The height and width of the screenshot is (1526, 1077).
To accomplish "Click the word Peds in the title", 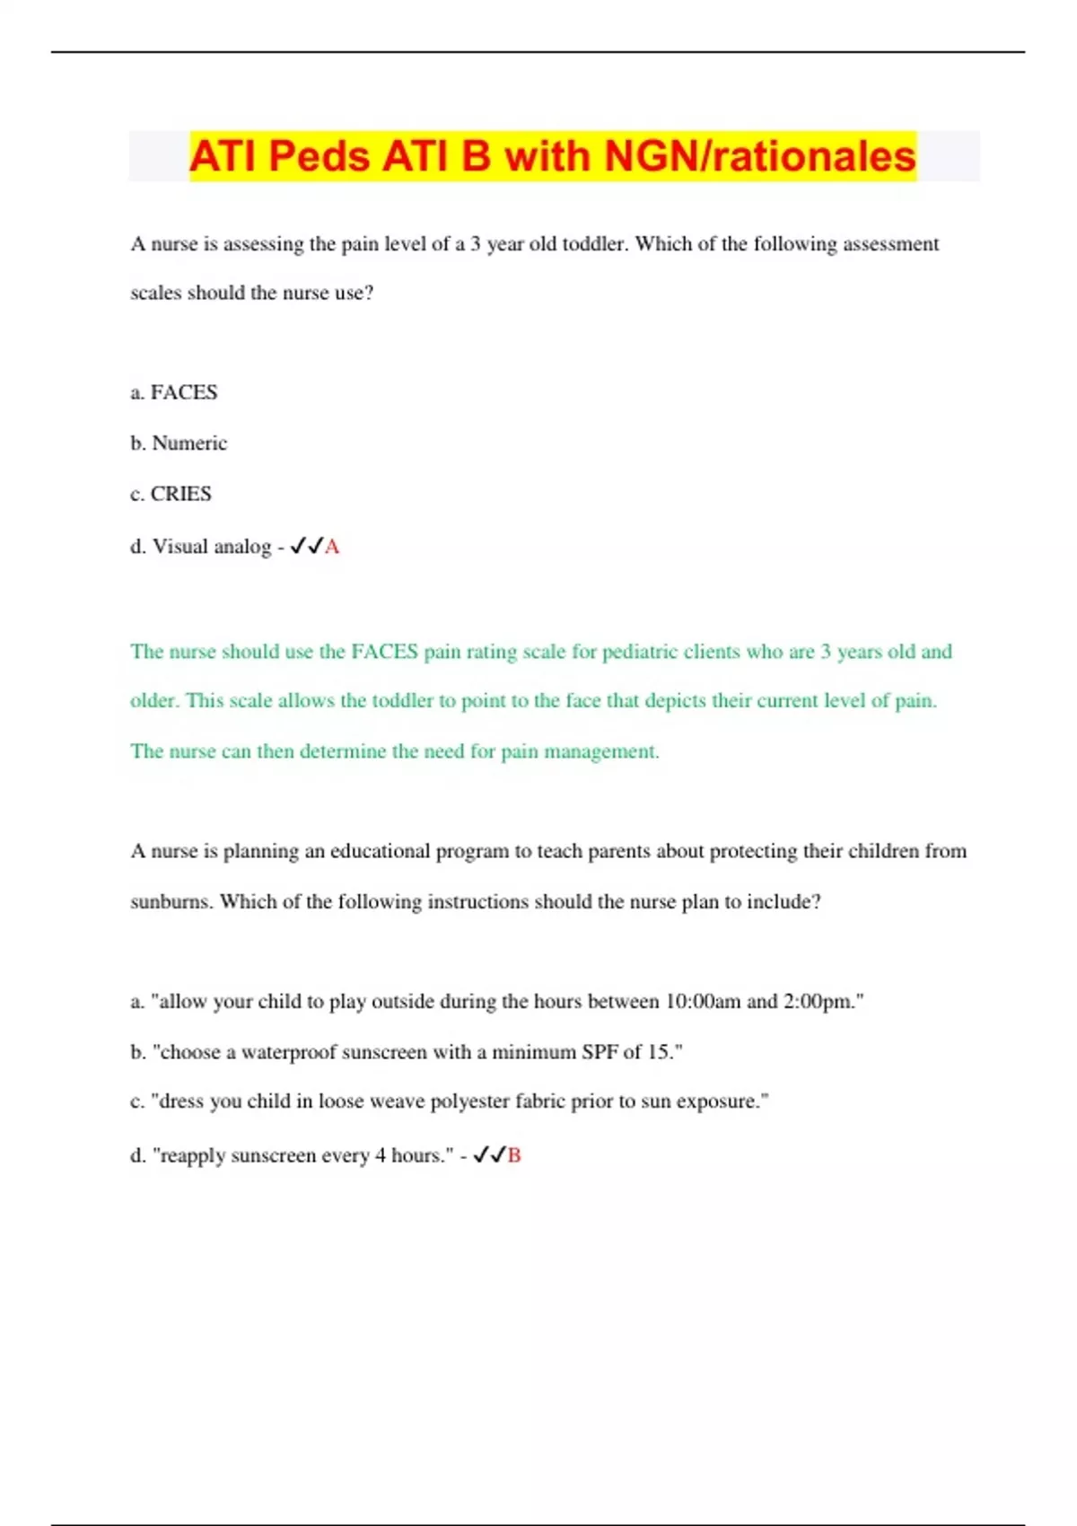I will click(319, 156).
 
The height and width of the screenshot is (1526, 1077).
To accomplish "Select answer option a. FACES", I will click(174, 392).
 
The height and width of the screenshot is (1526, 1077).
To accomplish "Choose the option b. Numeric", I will click(179, 443).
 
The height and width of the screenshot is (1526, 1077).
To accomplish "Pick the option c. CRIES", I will click(171, 494).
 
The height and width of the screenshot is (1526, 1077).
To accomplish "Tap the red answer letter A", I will click(332, 547).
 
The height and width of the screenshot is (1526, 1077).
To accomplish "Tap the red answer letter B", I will click(514, 1155).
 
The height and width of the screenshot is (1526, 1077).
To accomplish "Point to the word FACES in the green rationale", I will click(384, 652).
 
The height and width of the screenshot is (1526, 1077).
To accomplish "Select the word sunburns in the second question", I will click(171, 901).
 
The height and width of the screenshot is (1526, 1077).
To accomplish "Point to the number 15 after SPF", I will click(659, 1052).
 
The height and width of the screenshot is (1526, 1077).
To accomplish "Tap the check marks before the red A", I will click(306, 546).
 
